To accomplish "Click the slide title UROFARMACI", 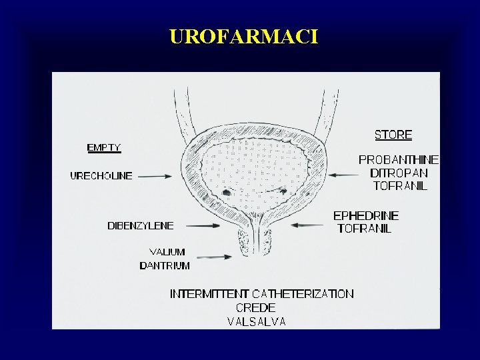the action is [x=244, y=36].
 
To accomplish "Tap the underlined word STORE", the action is [x=393, y=135].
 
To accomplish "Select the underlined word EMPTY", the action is [x=104, y=147].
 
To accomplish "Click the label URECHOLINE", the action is [x=101, y=176].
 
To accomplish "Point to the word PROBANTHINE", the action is [x=399, y=160].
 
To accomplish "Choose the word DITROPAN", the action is [x=399, y=173].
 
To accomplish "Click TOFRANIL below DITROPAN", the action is [x=400, y=186].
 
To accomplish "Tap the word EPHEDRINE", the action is [x=366, y=216].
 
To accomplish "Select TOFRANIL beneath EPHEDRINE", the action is [x=365, y=229].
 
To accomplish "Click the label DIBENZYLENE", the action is [x=141, y=225].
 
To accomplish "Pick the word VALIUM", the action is [x=167, y=253].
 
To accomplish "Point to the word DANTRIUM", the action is [x=165, y=265].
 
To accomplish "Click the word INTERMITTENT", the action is [x=209, y=294].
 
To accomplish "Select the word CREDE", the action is [x=255, y=308].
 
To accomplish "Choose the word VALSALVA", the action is [x=257, y=321].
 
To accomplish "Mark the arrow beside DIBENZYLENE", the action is [x=201, y=226].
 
